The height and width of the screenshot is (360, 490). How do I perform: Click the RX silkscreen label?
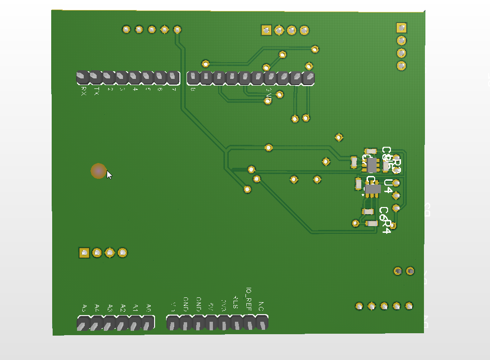point(84,91)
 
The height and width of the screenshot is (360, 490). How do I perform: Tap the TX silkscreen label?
point(97,91)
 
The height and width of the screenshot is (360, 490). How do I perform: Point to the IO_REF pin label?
point(248,297)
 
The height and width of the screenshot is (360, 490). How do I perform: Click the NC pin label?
point(261,305)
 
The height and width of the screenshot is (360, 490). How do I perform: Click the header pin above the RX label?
point(83,77)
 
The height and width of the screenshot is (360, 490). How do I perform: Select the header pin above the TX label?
point(96,77)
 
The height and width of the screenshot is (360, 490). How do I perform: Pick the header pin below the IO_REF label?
point(249,323)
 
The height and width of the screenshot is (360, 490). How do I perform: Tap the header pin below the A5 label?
point(83,324)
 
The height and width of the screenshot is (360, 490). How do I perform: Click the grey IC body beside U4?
point(372,189)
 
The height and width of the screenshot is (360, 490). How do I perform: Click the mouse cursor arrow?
point(109,175)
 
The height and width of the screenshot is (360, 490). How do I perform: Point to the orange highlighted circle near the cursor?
point(99,171)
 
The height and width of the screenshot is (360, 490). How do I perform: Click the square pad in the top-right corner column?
point(402,28)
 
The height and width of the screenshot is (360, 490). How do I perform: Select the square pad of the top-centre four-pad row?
point(266,31)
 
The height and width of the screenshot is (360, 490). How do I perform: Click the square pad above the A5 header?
point(84,252)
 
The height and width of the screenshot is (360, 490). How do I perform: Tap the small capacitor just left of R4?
point(372,223)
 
